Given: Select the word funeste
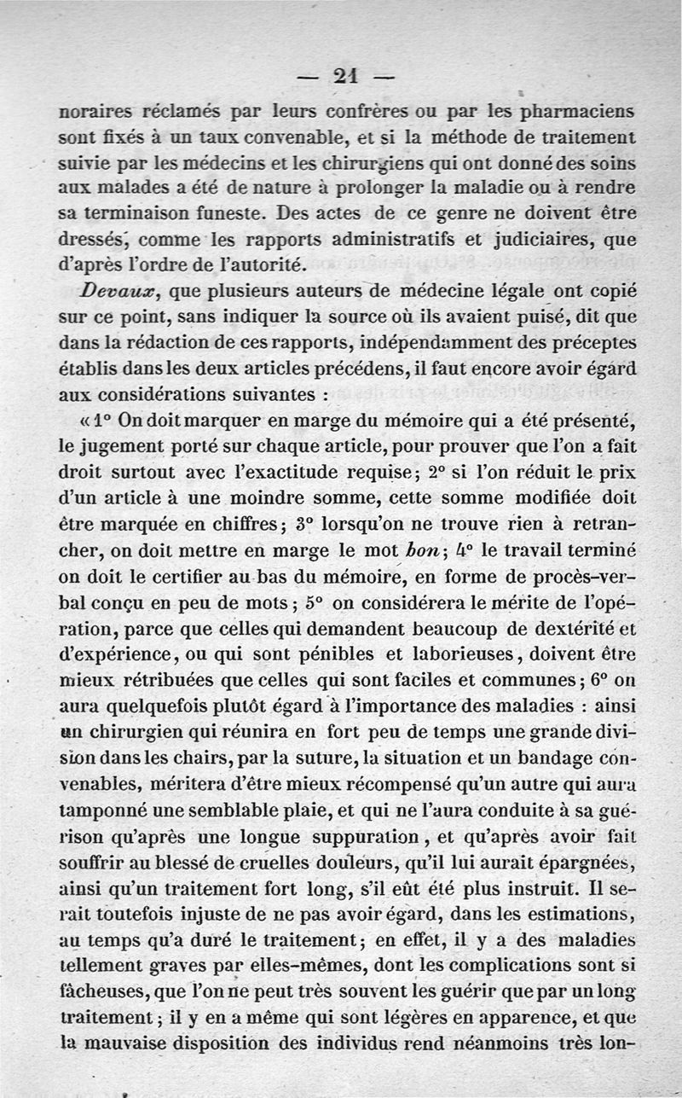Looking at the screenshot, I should pyautogui.click(x=223, y=211).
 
